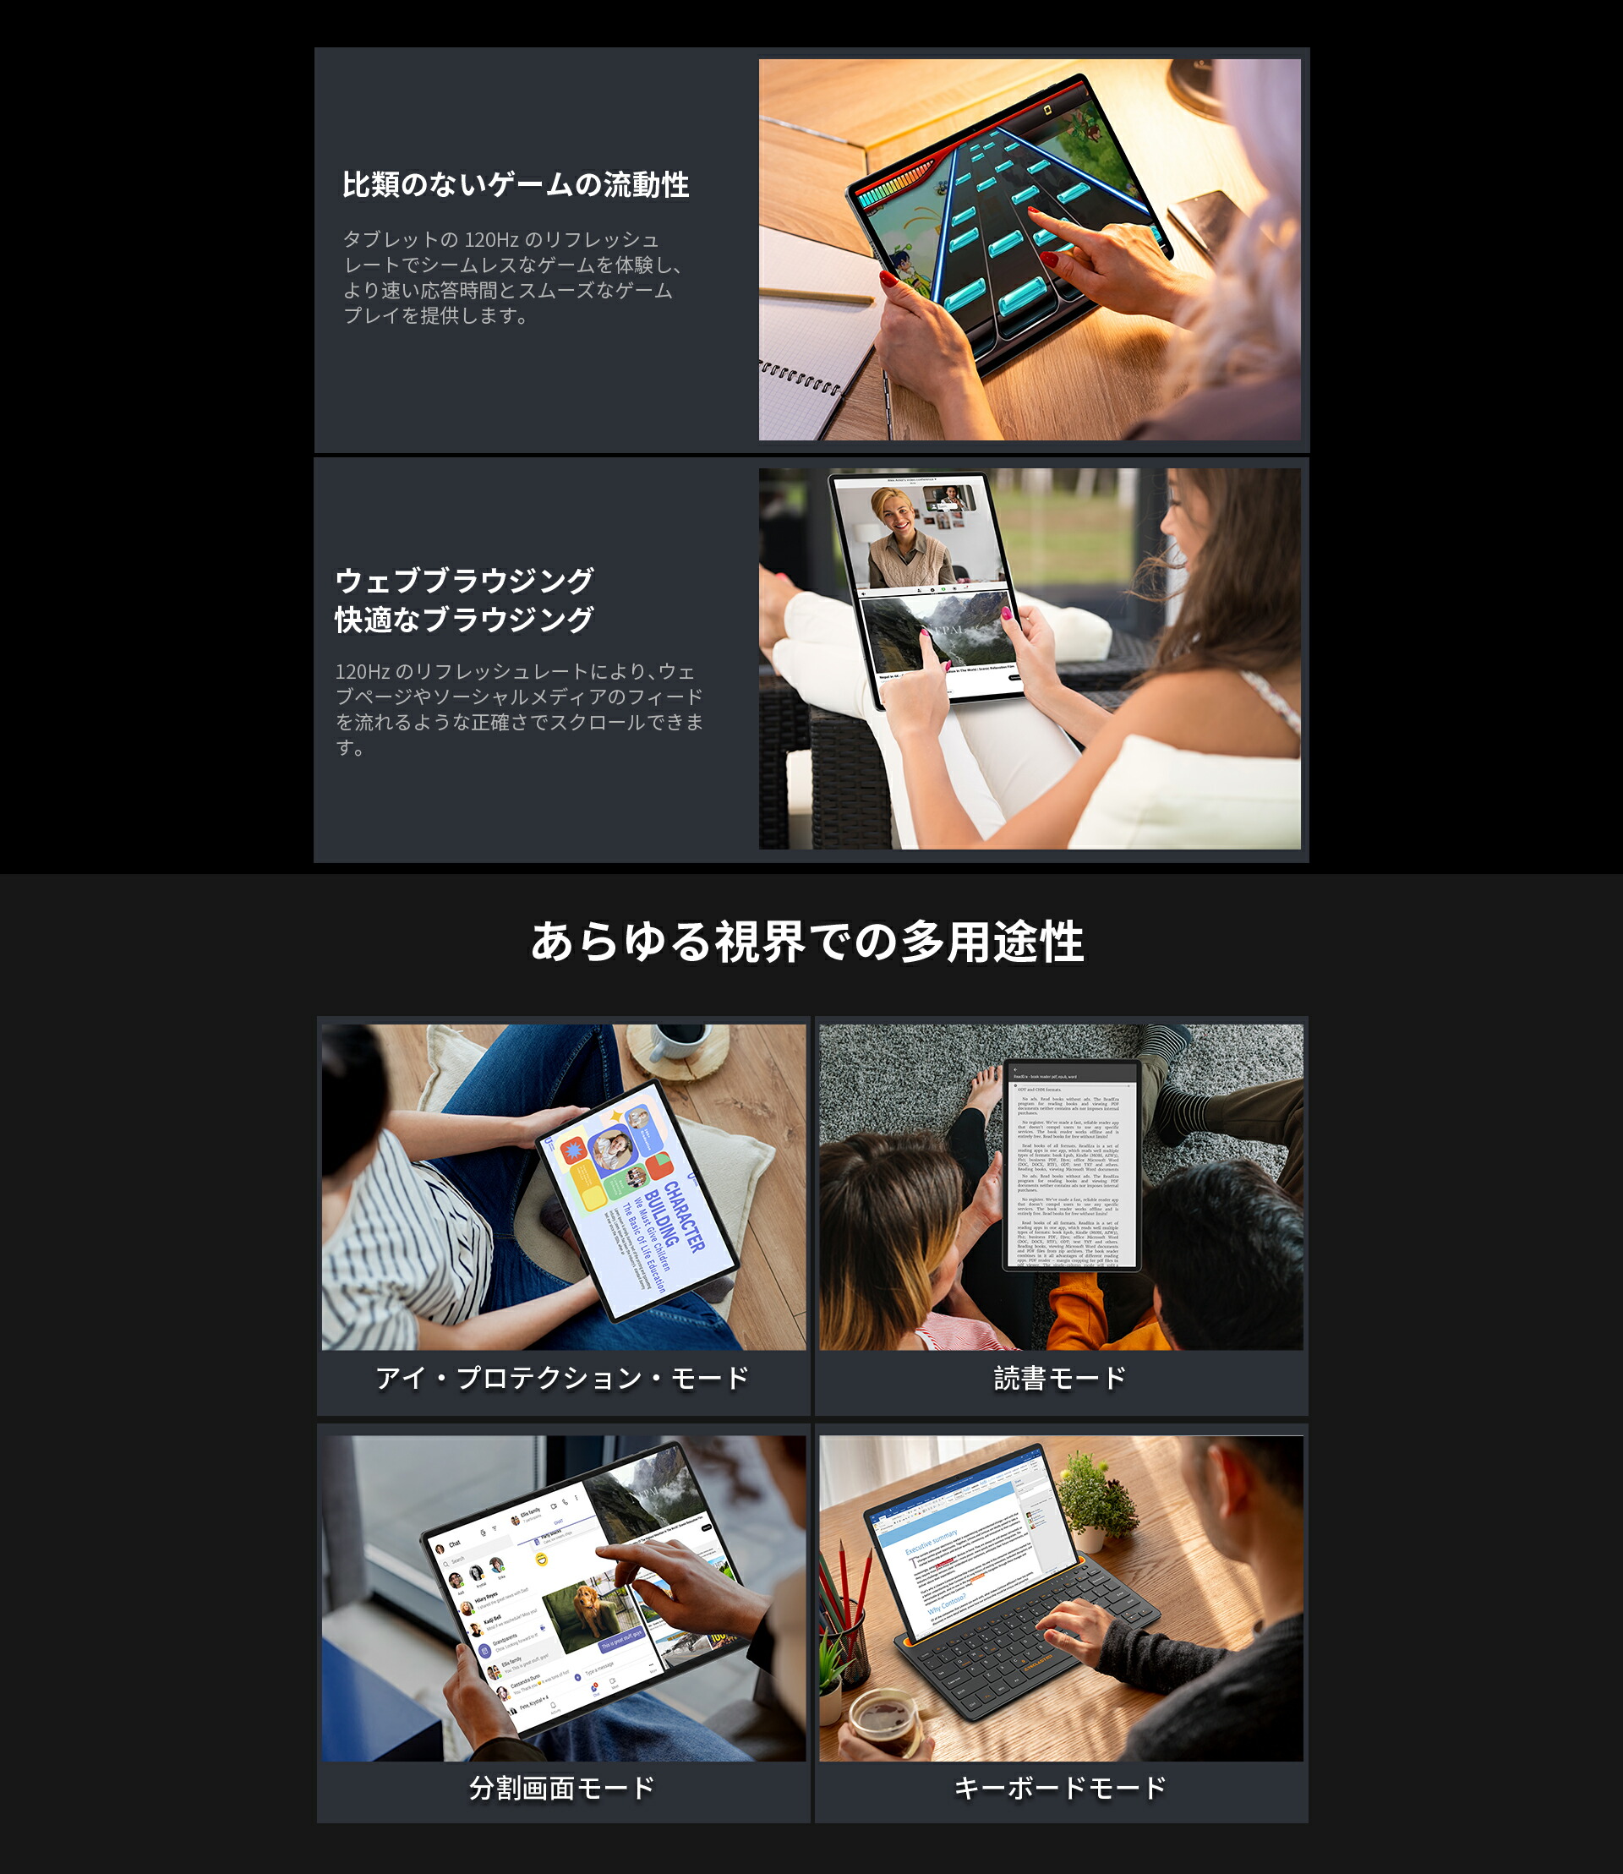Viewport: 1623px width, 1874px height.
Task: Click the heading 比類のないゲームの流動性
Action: (x=516, y=185)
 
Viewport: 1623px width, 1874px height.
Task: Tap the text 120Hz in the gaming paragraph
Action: (x=491, y=240)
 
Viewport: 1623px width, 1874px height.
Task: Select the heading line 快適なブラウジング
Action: (x=464, y=620)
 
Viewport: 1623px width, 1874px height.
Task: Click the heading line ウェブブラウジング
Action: (x=464, y=580)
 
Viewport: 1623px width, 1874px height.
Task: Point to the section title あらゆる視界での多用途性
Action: (x=807, y=942)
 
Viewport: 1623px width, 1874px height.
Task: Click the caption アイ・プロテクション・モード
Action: (x=561, y=1379)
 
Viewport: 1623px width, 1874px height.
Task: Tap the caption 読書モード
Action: (x=1060, y=1379)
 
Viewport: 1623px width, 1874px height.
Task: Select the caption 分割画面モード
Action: (x=561, y=1788)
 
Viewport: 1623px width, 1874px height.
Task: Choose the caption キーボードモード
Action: (x=1060, y=1788)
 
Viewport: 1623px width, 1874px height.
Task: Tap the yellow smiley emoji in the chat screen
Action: (x=542, y=1559)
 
